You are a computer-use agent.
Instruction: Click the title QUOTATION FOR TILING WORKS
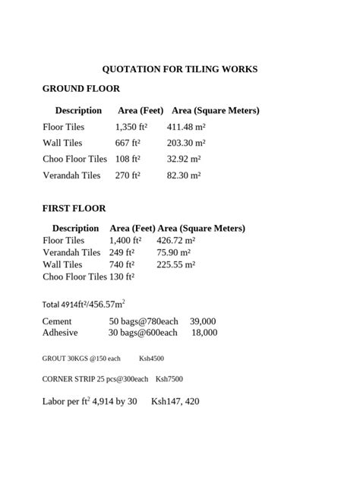point(180,69)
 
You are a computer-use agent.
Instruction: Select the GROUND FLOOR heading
point(81,89)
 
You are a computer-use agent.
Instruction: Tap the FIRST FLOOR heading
point(74,208)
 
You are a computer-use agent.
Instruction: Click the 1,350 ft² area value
point(131,127)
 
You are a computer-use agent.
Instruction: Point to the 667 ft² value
point(128,143)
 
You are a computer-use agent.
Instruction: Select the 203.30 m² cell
point(186,143)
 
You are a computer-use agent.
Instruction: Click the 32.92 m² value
point(184,159)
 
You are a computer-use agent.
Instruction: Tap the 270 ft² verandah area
point(128,175)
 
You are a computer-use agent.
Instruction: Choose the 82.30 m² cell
point(184,175)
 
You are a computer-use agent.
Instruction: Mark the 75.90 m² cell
point(174,252)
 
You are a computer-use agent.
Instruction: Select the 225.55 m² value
point(176,264)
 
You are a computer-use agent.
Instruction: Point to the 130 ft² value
point(122,276)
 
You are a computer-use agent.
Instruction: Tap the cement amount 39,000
point(203,321)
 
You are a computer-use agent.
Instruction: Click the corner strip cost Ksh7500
point(169,379)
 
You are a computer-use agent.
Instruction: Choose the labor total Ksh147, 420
point(175,401)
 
